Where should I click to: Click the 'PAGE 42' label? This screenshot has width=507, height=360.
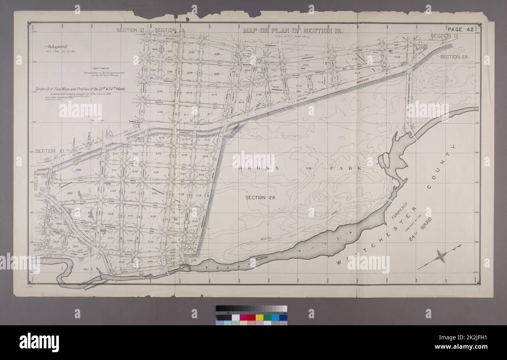[460, 30]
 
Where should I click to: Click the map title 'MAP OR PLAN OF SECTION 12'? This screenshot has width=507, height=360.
[292, 30]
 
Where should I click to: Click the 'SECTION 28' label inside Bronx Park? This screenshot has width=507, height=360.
[260, 197]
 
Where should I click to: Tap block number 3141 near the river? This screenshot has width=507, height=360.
[141, 275]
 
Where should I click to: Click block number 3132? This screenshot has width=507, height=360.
[153, 216]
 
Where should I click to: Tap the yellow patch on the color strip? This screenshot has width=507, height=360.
[259, 317]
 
